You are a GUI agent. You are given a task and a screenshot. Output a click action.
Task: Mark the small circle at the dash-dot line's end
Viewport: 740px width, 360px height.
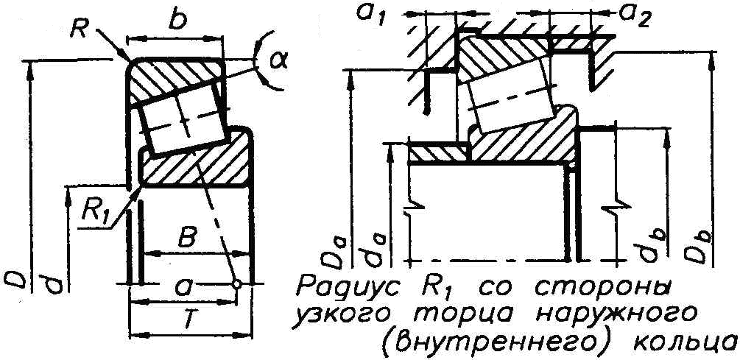tap(237, 283)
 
